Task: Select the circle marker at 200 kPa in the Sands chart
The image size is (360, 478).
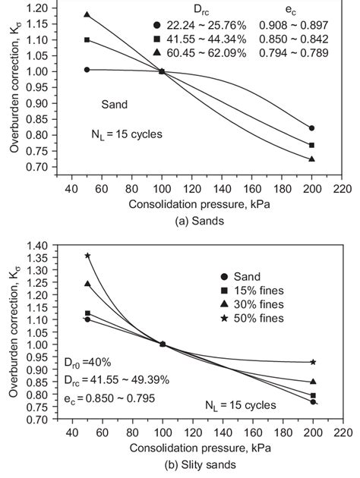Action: pyautogui.click(x=312, y=128)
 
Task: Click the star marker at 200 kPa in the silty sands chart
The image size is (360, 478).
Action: pyautogui.click(x=312, y=362)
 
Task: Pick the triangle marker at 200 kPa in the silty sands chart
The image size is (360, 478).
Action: pyautogui.click(x=312, y=382)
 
